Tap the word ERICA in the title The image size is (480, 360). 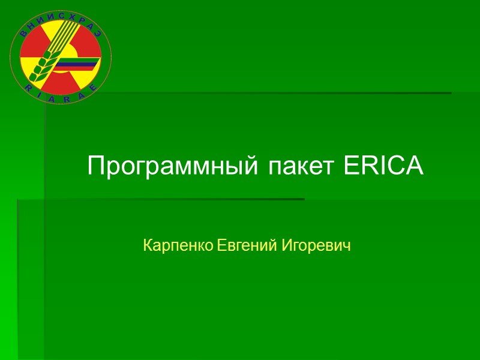coord(384,166)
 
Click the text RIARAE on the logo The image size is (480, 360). coord(61,100)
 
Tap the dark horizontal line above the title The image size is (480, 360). coord(270,93)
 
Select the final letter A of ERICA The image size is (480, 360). coord(416,166)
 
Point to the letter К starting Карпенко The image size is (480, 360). coord(148,245)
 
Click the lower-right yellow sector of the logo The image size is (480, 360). coord(87,75)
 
